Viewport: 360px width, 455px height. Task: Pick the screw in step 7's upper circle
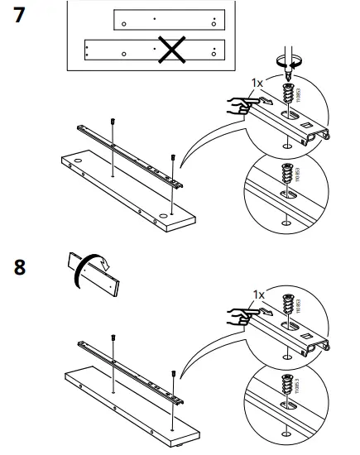point(289,97)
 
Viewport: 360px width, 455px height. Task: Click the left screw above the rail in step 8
point(113,339)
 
